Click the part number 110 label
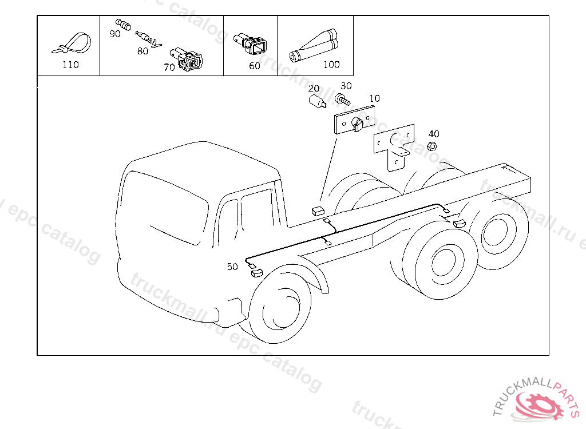(70, 65)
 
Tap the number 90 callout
(114, 34)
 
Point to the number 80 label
(142, 51)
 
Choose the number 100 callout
(331, 65)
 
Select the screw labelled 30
(342, 100)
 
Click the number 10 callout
(374, 98)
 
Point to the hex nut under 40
(431, 146)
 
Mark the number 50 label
(232, 267)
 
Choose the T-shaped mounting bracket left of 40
(394, 147)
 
